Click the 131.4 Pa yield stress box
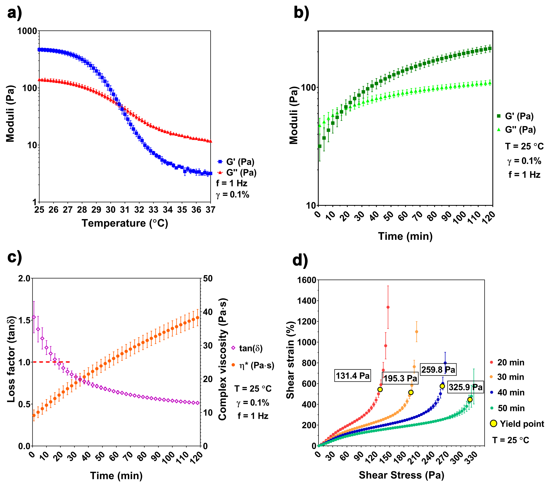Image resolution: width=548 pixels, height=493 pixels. (352, 376)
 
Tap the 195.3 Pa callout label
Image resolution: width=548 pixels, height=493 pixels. (400, 378)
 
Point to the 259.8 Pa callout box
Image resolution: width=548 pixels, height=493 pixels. (438, 370)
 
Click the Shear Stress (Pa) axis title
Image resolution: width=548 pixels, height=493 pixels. (401, 475)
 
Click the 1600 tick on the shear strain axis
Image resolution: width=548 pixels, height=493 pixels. (307, 280)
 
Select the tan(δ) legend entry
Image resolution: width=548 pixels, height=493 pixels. (247, 348)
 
